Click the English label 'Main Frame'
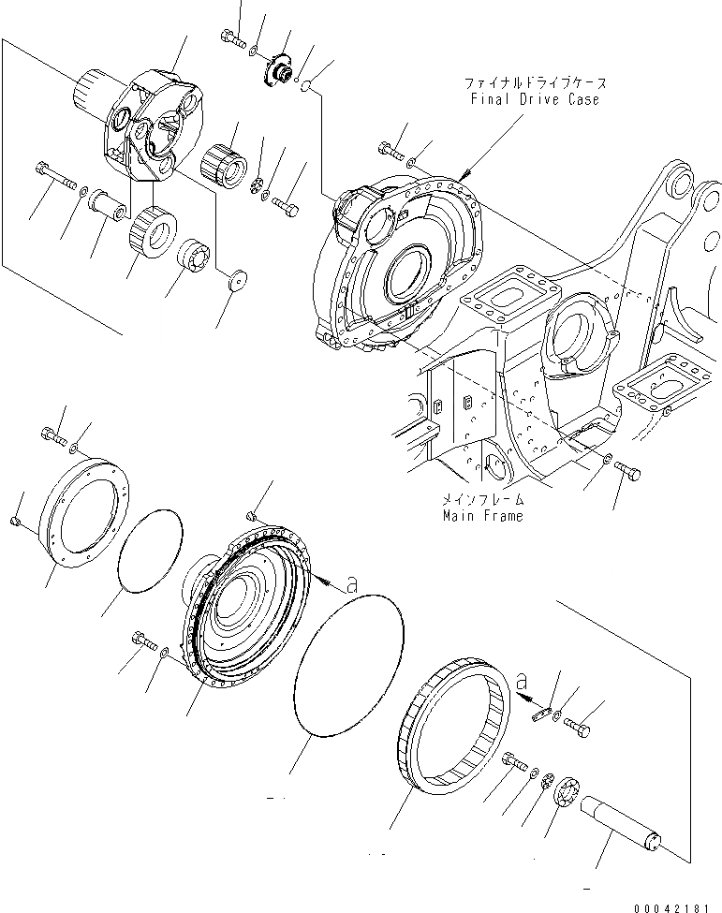[483, 515]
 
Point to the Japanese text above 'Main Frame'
[483, 500]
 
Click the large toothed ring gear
[454, 727]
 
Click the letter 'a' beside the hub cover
[351, 585]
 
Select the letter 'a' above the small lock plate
[523, 677]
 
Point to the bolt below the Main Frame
[628, 472]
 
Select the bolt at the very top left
[231, 37]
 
